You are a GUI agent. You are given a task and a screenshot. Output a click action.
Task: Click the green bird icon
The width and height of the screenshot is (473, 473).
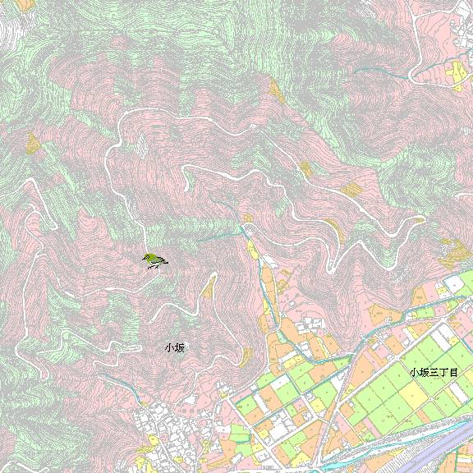(x=154, y=261)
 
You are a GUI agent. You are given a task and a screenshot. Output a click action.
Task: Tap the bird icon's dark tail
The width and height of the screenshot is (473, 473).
(x=163, y=263)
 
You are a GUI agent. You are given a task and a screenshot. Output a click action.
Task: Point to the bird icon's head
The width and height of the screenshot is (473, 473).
(x=146, y=257)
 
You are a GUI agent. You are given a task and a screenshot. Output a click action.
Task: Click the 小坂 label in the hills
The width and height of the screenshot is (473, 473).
(x=174, y=348)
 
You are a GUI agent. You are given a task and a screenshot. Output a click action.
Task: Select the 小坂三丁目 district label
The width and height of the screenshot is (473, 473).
(x=433, y=372)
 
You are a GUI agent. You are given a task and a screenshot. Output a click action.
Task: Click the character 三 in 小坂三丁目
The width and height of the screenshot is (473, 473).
(x=433, y=372)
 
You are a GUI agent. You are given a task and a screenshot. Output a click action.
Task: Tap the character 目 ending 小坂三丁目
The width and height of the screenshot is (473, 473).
(x=452, y=372)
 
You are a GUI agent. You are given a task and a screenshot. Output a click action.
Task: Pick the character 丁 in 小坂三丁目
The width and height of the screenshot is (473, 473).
(x=443, y=372)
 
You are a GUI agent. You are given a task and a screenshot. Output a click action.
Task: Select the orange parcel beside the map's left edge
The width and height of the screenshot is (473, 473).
(x=32, y=145)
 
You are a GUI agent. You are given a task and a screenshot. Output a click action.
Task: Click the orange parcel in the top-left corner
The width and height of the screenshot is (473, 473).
(x=25, y=5)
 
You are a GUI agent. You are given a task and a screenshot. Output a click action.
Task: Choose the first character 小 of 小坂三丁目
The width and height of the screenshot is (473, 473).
(x=414, y=372)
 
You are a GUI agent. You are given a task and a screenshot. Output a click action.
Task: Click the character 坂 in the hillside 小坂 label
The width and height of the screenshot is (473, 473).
(x=179, y=348)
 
